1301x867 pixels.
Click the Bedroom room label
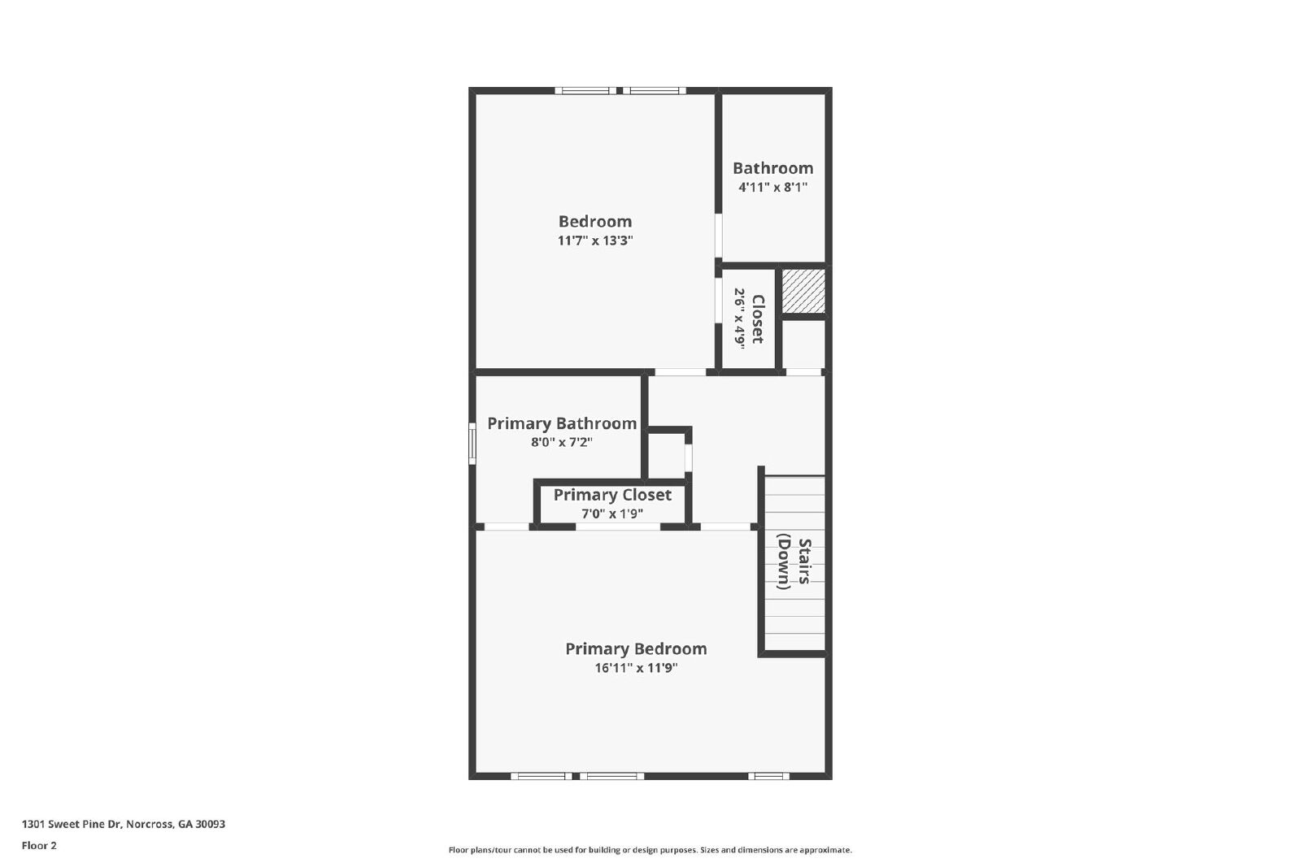click(594, 221)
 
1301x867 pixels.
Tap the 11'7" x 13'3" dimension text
click(594, 241)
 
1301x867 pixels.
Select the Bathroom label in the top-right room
click(772, 168)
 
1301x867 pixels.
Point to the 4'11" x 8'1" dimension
click(772, 188)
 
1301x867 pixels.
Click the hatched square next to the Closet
click(803, 291)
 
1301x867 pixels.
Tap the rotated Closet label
click(758, 319)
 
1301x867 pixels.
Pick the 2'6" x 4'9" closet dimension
click(739, 319)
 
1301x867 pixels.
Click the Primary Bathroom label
click(561, 423)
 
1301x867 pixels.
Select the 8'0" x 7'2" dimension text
click(561, 443)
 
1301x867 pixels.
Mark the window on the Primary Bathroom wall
click(472, 444)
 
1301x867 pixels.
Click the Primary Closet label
click(612, 495)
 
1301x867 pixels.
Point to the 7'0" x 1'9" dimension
click(612, 514)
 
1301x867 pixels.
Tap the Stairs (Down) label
click(794, 563)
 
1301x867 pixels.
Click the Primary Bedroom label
click(636, 648)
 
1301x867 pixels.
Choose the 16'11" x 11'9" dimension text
click(636, 668)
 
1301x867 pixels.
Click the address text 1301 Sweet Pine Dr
click(123, 824)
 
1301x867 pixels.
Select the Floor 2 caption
click(39, 846)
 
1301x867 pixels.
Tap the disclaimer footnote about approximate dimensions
click(650, 850)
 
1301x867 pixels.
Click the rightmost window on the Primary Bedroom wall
click(768, 776)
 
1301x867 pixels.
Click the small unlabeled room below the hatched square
click(803, 345)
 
